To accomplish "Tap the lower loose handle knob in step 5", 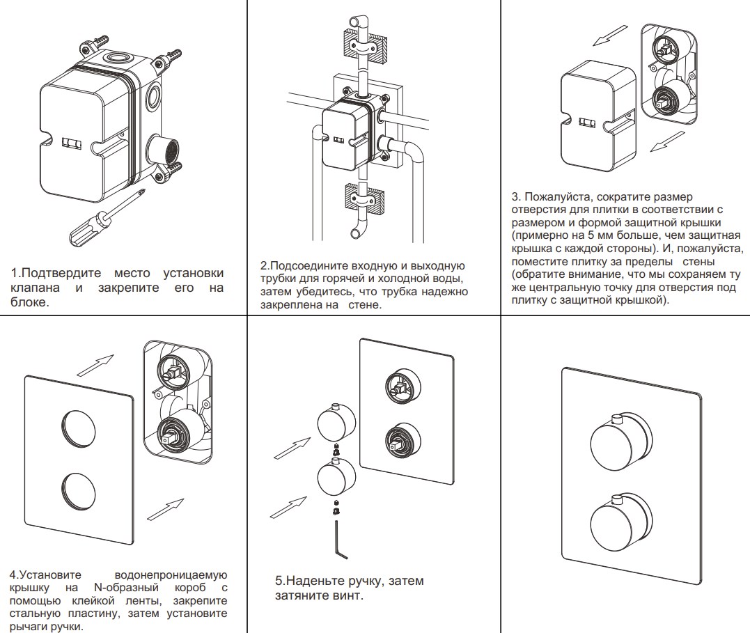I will [336, 480].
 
